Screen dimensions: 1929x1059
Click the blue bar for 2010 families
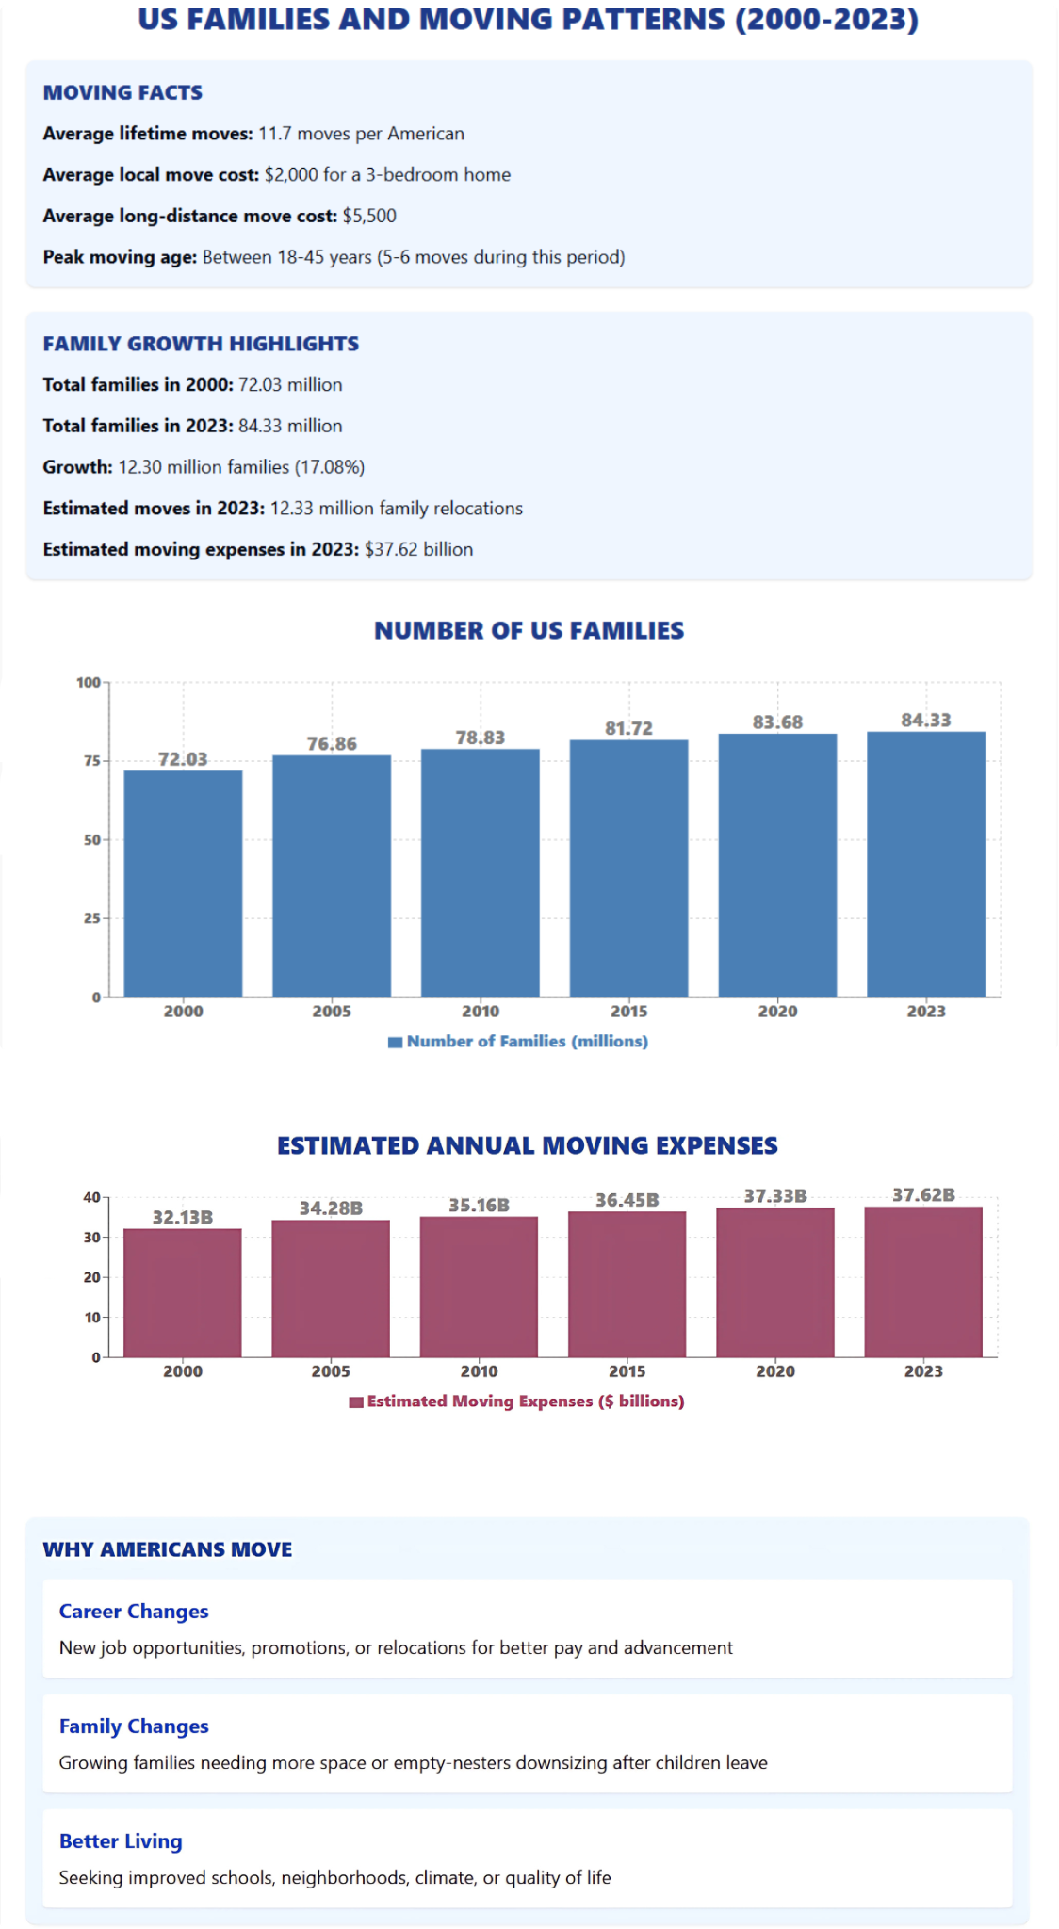click(x=481, y=872)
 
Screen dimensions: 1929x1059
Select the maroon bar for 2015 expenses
click(x=627, y=1284)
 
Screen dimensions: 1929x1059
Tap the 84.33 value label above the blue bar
click(x=925, y=721)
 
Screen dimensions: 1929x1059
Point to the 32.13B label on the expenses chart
click(x=183, y=1218)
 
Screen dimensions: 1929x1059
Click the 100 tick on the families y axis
click(x=89, y=682)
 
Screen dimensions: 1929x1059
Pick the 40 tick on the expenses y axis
click(x=91, y=1198)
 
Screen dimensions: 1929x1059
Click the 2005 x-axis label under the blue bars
click(x=332, y=1012)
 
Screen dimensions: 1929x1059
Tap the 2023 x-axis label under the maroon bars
click(x=923, y=1371)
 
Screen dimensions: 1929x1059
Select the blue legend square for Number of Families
click(x=396, y=1042)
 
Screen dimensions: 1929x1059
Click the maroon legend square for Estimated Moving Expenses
click(x=356, y=1402)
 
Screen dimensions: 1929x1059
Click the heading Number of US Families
click(x=529, y=631)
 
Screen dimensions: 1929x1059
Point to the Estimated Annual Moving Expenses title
click(x=528, y=1146)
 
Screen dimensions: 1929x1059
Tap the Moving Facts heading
click(x=122, y=93)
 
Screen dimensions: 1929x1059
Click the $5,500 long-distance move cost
click(x=369, y=216)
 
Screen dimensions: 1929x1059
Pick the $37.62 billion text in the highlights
click(x=418, y=549)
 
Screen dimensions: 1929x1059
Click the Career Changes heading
click(x=134, y=1612)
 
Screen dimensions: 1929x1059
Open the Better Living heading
click(x=121, y=1841)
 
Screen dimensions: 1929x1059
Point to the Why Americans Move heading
click(x=168, y=1549)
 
